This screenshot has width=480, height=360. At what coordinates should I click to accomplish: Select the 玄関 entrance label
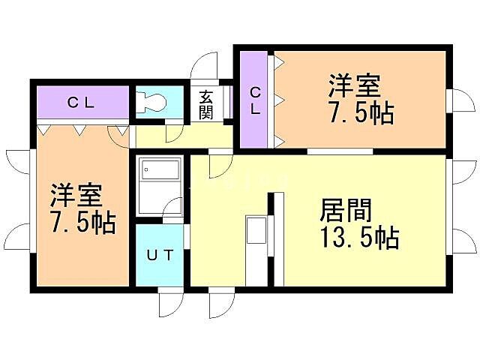(206, 105)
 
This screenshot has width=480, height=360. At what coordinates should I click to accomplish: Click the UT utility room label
(160, 255)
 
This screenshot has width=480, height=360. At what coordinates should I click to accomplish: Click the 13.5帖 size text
(359, 238)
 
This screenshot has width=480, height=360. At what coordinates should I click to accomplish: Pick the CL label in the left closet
(80, 103)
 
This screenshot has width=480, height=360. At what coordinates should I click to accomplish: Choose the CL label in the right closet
(255, 101)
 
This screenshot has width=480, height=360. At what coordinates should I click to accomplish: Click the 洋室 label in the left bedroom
(76, 196)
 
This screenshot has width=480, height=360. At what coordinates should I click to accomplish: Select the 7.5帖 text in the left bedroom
(83, 223)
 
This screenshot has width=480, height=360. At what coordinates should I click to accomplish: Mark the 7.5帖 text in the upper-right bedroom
(361, 113)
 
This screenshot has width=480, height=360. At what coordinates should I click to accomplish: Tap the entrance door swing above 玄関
(205, 65)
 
